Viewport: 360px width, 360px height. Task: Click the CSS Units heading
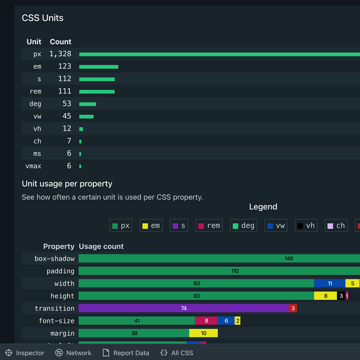[x=43, y=18]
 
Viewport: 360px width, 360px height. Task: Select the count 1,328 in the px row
[x=60, y=54]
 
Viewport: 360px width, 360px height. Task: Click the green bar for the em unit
[x=98, y=66]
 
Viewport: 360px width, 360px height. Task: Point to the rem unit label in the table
[x=35, y=92]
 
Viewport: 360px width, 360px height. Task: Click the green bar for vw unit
[x=86, y=116]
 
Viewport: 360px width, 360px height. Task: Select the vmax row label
[x=33, y=166]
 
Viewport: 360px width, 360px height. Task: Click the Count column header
[x=60, y=42]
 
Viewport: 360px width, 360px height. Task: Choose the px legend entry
[x=121, y=226]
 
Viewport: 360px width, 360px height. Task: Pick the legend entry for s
[x=179, y=226]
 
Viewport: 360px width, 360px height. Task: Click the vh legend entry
[x=306, y=226]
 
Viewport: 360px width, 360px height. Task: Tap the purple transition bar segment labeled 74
[x=183, y=308]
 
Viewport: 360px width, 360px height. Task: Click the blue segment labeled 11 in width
[x=330, y=283]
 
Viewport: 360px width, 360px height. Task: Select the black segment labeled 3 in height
[x=341, y=296]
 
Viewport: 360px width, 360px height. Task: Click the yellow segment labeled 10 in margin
[x=203, y=333]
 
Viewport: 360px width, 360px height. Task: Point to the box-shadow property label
[x=55, y=259]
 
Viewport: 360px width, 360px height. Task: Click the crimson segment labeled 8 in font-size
[x=206, y=321]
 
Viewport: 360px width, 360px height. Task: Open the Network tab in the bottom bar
[x=73, y=353]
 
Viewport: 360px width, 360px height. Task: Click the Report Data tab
[x=125, y=353]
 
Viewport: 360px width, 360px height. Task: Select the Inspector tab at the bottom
[x=25, y=353]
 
